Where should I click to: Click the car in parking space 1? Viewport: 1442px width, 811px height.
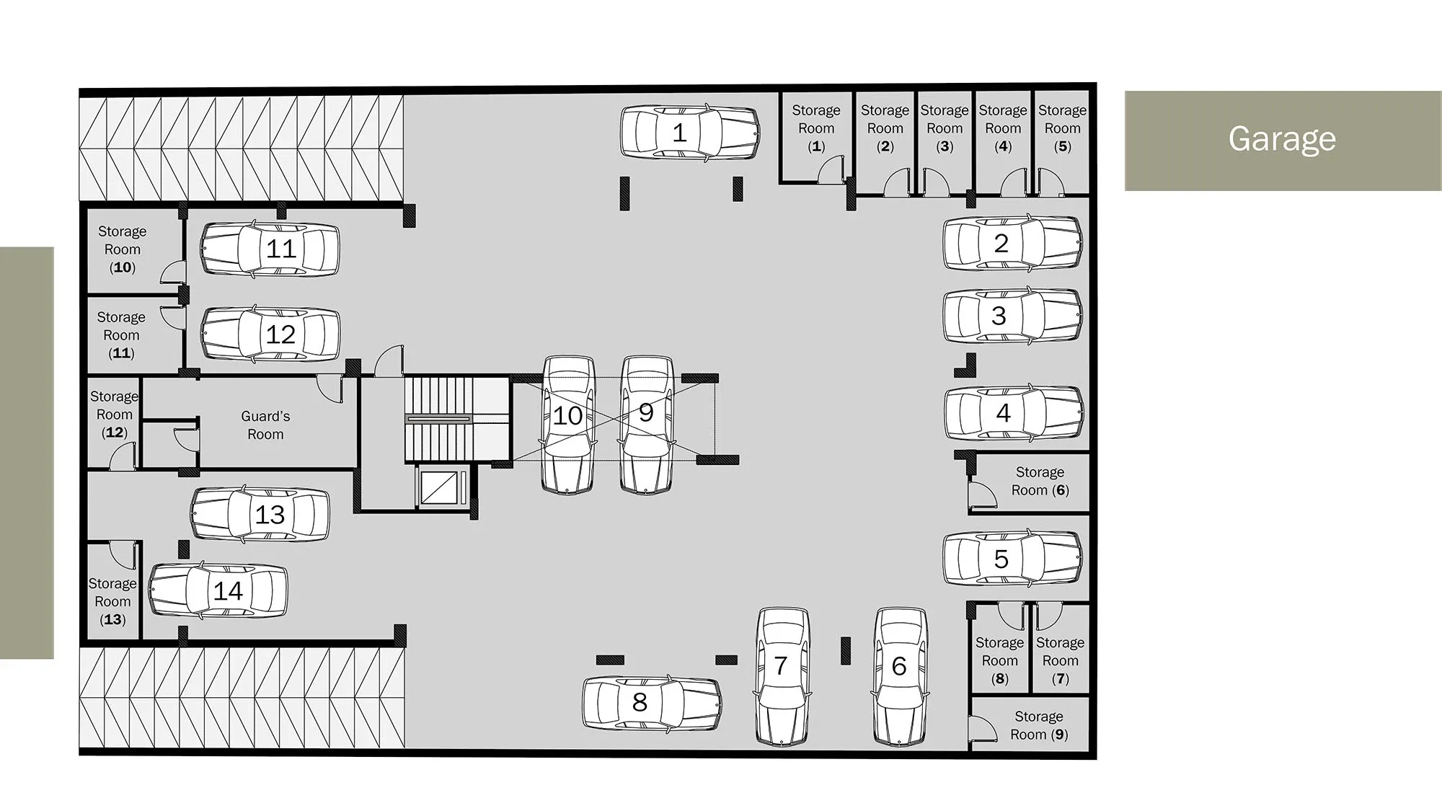coord(690,132)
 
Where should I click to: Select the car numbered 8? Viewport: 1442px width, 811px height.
coord(653,703)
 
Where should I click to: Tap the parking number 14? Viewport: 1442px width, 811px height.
coord(228,591)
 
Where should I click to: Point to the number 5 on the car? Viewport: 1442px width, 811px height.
coord(1001,559)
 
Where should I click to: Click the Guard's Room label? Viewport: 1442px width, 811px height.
coord(265,425)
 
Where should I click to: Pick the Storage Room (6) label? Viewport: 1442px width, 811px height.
coord(1040,481)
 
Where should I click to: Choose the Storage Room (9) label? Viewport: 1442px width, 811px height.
coord(1039,725)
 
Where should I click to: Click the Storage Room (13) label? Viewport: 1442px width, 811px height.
coord(112,601)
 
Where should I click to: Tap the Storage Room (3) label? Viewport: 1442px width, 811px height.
coord(945,128)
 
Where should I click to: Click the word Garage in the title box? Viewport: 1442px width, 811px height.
coord(1282,138)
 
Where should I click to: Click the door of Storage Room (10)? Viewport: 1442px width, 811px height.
coord(173,271)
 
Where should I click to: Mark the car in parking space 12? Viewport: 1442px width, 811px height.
coord(270,334)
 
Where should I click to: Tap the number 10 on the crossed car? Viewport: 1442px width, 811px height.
coord(567,415)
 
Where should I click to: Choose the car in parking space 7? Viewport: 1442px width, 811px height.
coord(782,677)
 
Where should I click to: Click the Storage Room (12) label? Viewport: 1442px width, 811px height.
coord(114,415)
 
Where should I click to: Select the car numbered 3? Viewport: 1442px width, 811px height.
coord(1013,316)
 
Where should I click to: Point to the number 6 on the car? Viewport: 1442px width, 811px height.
coord(898,666)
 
